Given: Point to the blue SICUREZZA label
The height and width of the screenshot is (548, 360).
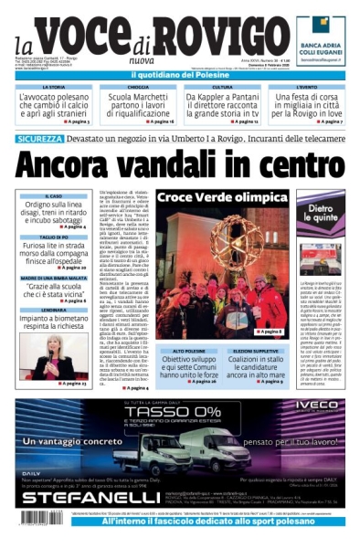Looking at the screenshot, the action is pyautogui.click(x=40, y=138).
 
